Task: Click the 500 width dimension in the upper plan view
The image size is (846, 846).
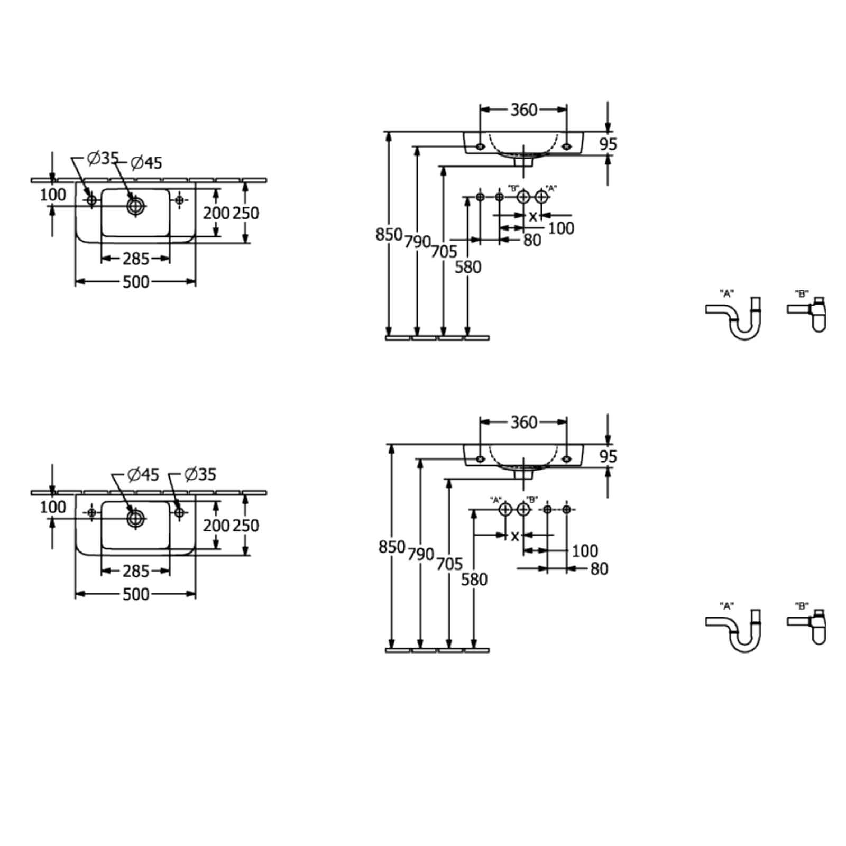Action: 136,282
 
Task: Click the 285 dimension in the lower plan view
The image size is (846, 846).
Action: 136,571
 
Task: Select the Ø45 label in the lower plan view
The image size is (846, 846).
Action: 143,475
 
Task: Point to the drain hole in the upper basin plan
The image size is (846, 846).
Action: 135,205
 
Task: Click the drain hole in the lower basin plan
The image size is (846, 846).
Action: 135,518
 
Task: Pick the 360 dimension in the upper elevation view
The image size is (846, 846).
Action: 523,110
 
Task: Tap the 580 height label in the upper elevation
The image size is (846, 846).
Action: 468,268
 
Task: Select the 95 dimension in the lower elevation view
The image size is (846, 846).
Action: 608,456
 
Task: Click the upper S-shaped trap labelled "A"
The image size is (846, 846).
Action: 733,318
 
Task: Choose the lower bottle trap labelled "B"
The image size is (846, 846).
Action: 807,627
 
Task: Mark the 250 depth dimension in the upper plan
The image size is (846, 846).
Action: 246,213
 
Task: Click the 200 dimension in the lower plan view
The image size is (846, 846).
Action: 217,526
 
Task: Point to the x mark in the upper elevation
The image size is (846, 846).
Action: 533,216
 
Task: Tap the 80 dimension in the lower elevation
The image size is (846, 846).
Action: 599,569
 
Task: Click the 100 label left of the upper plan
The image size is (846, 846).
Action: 53,195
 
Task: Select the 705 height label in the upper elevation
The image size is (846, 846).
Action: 443,252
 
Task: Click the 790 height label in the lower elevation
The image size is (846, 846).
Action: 421,555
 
